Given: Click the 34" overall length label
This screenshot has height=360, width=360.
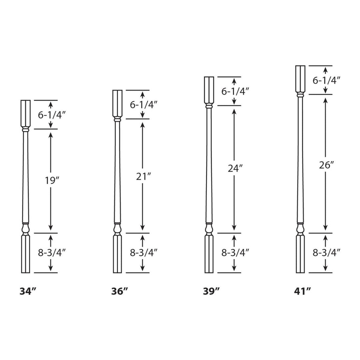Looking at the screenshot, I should click(28, 291).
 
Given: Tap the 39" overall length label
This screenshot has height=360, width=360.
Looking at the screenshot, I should click(211, 291).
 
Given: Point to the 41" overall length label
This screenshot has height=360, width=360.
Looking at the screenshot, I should click(303, 291).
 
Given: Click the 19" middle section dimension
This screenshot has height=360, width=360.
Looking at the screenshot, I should click(52, 180).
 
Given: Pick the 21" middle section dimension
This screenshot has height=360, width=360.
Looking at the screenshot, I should click(144, 176).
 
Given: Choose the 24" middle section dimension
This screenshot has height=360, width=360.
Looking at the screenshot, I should click(235, 169).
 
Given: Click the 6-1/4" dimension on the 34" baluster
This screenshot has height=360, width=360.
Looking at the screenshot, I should click(52, 115).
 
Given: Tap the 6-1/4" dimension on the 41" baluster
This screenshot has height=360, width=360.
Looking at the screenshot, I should click(326, 80).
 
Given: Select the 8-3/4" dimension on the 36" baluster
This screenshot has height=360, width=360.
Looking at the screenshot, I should click(144, 253).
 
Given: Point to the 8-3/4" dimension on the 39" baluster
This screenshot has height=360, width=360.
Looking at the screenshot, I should click(235, 253).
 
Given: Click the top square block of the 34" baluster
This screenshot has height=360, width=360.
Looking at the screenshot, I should click(26, 113).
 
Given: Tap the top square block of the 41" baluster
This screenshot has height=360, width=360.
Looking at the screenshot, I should click(300, 79).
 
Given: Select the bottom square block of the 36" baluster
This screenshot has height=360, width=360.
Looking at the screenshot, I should click(117, 254).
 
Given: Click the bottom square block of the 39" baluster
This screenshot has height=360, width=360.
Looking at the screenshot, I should click(209, 254).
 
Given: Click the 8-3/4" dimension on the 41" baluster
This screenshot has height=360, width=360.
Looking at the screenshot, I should click(326, 253).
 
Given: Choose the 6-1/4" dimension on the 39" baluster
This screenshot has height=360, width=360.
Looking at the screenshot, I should click(235, 91).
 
